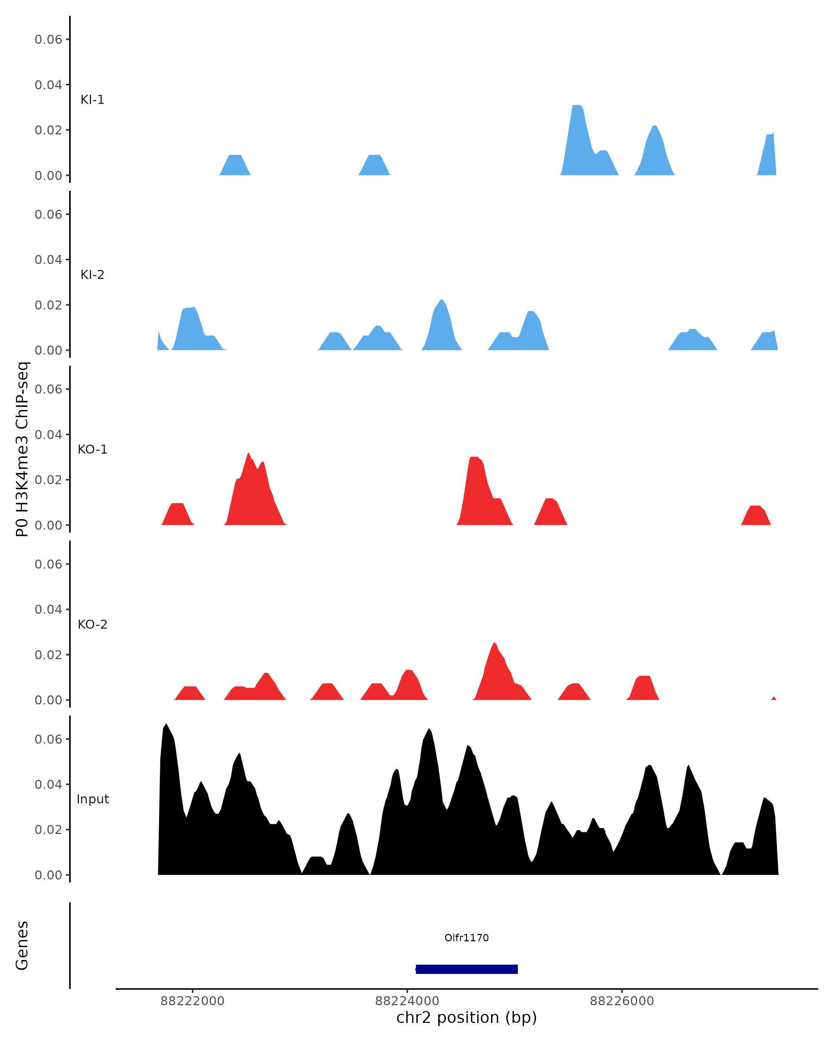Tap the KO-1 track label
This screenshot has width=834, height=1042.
(x=92, y=449)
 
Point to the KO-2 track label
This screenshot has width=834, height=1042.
(x=92, y=625)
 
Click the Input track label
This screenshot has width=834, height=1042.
(x=92, y=799)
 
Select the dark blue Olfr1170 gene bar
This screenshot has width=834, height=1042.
(x=467, y=969)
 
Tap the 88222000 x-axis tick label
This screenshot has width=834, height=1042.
(x=193, y=1001)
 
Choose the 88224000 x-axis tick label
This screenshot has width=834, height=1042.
(x=407, y=1001)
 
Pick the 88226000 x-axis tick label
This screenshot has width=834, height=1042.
(x=621, y=1001)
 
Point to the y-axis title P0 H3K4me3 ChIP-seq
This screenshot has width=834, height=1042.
(x=22, y=449)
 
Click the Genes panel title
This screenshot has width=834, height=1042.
(x=22, y=945)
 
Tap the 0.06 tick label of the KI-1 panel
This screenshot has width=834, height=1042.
(x=48, y=40)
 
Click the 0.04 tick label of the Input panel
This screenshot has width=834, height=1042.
(x=48, y=784)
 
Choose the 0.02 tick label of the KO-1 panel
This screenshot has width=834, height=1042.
(x=48, y=480)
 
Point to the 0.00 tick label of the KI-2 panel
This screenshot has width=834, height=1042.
(x=48, y=350)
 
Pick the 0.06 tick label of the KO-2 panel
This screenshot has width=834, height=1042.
(x=48, y=564)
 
